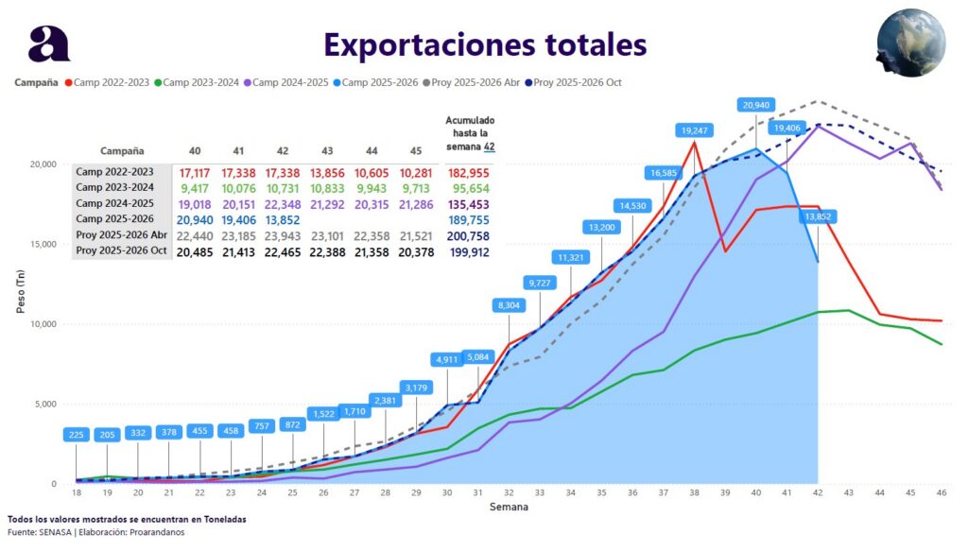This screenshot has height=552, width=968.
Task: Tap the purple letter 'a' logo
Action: [48, 43]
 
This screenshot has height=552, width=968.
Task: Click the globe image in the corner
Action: [910, 43]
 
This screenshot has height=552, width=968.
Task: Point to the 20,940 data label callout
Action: [757, 105]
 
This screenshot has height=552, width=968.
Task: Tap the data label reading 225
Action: [77, 435]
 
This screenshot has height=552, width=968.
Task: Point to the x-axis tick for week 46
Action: [941, 493]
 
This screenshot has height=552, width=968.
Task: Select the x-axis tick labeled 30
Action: [446, 493]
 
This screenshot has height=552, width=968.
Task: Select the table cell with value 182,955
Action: [470, 173]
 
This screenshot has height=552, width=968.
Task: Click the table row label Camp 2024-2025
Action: [120, 203]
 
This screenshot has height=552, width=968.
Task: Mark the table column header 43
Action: [328, 150]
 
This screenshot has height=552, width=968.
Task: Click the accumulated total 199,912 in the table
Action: [470, 250]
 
